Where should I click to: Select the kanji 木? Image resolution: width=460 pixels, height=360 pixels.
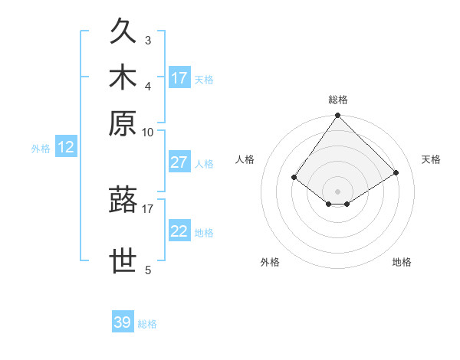point(123,79)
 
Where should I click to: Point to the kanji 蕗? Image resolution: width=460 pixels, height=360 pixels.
point(123,200)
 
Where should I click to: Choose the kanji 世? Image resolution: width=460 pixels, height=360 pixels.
point(123,261)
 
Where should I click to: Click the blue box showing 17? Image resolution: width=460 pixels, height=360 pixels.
point(179,78)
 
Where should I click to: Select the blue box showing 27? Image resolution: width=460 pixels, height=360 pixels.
point(179,162)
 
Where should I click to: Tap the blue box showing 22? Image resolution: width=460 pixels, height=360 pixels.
point(179,231)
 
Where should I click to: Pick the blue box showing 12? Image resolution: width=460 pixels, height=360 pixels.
point(66,147)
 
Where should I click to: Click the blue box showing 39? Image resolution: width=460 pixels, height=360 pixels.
point(123,322)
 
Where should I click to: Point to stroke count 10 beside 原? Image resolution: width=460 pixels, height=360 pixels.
point(148,132)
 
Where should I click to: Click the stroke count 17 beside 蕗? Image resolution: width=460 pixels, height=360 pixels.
point(148,207)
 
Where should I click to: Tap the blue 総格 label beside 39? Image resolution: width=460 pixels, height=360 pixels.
point(147,324)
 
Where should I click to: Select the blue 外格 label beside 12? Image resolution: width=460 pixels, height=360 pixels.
point(41,149)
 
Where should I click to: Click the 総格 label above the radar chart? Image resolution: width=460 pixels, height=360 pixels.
point(338,100)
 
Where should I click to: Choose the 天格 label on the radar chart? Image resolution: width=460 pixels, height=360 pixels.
point(432,159)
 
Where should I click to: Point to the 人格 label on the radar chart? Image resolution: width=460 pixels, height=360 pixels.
point(245,159)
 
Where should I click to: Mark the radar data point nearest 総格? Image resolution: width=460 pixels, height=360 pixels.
point(338,116)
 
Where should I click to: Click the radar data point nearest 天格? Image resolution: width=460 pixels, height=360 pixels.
point(396,172)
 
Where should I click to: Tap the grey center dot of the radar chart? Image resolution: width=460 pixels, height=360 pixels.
point(338,191)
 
